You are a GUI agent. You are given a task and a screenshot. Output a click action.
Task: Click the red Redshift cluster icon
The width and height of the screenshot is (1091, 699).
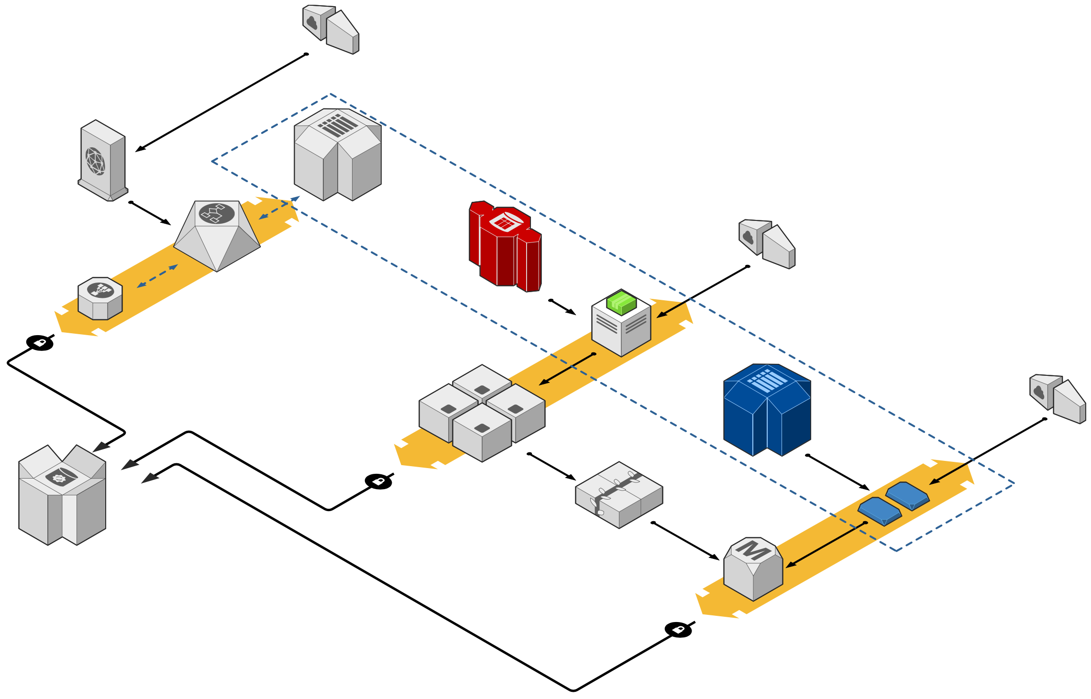coord(505,246)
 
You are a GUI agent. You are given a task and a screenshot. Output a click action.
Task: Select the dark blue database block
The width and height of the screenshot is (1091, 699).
coord(767,410)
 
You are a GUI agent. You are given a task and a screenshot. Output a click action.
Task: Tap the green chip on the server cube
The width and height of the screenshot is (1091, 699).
coord(621,302)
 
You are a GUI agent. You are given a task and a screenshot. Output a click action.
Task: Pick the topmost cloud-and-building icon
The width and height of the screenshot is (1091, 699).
coord(331,29)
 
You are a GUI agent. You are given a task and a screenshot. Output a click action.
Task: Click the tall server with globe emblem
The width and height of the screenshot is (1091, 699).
coord(103,161)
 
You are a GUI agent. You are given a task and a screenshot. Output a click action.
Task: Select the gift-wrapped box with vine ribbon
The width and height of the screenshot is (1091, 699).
coord(619,495)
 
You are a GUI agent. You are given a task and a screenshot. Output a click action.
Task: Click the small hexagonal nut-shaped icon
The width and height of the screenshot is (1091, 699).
coord(100,298)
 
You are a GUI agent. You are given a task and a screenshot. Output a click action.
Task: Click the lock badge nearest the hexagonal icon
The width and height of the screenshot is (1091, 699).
coord(40,343)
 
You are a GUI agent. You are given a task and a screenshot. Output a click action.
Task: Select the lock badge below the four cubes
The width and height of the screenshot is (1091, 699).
coord(378,481)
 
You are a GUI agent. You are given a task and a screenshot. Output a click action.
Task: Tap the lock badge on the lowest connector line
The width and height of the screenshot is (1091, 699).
coord(678,630)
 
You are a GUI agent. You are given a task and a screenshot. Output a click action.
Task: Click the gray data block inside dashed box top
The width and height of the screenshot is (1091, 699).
coord(338,154)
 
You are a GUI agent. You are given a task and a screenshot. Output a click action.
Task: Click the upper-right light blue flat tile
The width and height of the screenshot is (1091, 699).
coord(907,495)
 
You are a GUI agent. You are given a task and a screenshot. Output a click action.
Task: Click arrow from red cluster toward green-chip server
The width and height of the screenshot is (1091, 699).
coord(563,307)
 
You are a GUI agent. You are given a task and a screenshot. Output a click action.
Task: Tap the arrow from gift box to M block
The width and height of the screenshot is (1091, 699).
coord(685,541)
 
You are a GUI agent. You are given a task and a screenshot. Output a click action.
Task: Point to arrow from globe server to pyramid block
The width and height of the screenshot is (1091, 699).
coord(150,213)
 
